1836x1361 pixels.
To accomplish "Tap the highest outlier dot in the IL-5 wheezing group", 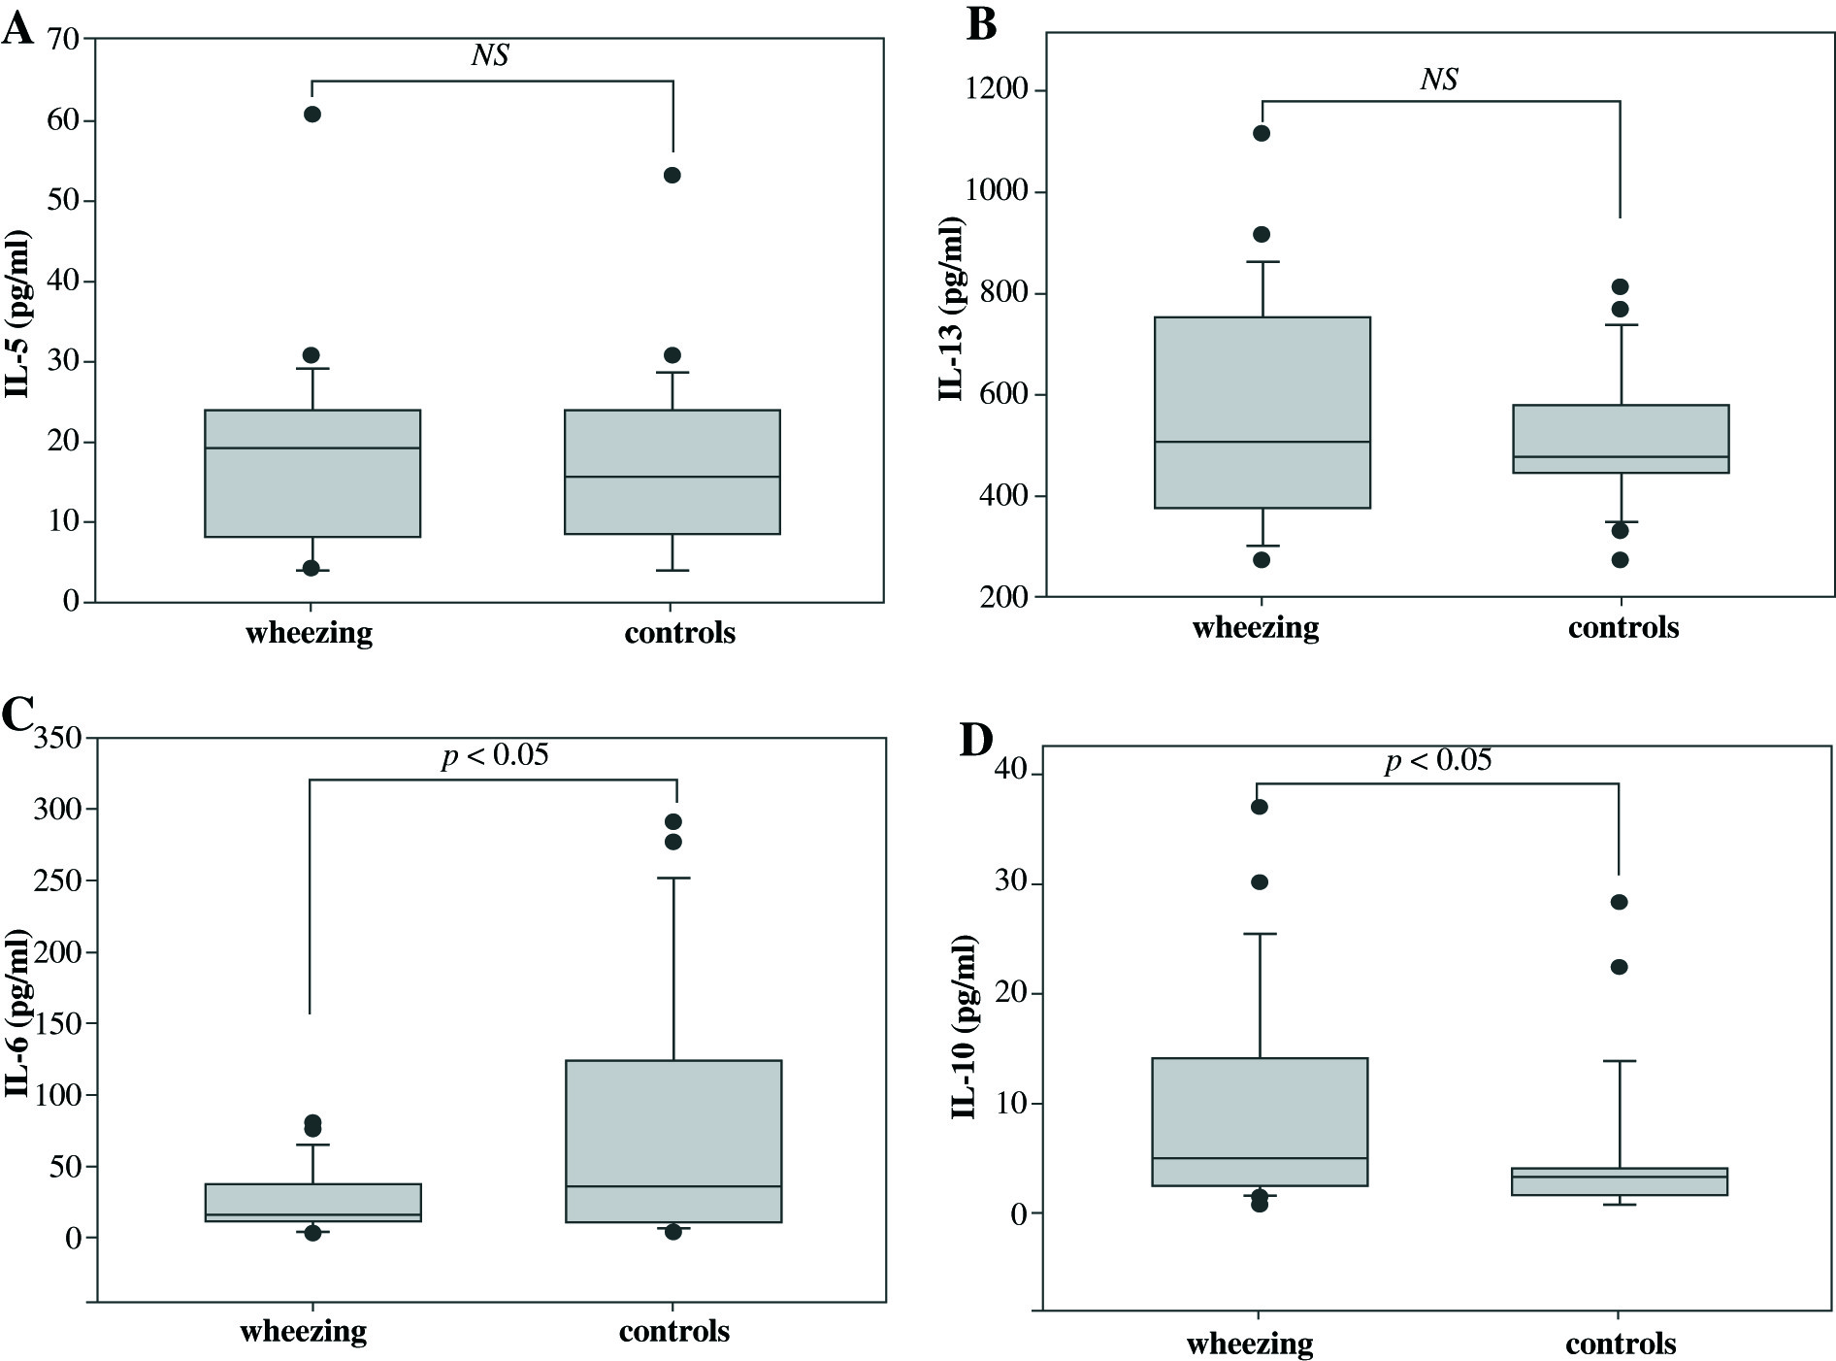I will coord(312,115).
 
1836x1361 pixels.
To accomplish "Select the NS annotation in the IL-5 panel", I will coord(490,55).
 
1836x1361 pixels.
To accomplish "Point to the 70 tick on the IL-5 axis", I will coord(61,40).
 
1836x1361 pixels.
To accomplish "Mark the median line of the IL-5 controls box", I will coord(672,477).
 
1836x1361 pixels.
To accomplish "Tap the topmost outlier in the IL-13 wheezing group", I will coord(1262,133).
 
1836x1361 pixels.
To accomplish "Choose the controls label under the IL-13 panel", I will coord(1623,627).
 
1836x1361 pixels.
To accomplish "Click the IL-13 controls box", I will coord(1620,439).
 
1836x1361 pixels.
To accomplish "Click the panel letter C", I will coord(18,715).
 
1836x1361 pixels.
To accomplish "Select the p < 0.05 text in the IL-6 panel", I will coord(495,754).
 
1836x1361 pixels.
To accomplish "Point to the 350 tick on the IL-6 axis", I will coord(58,739).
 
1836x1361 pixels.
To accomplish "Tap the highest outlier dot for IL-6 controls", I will coord(672,822).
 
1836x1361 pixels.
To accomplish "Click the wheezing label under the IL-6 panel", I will coord(304,1330).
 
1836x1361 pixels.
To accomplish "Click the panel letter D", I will coord(975,741).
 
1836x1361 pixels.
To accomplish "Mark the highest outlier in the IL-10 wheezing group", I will coord(1260,807).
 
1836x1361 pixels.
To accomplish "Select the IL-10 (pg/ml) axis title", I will coord(964,1028).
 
